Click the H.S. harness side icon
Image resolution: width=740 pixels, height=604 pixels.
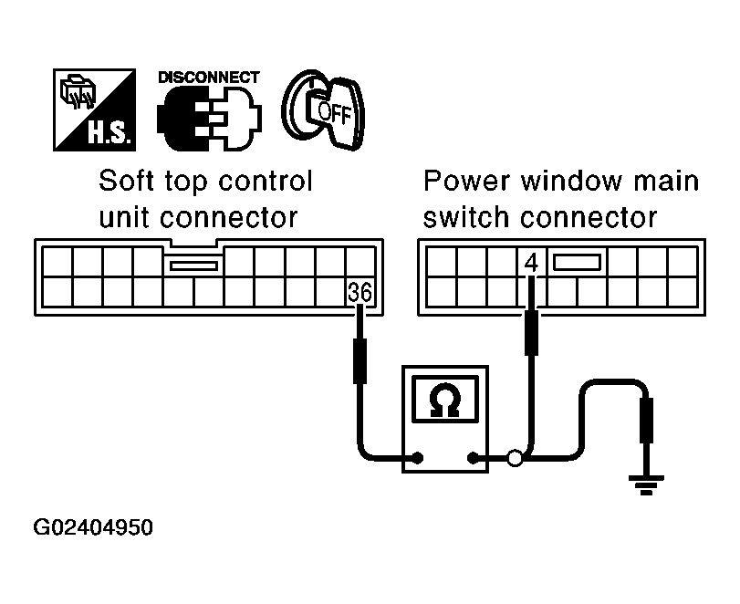click(94, 109)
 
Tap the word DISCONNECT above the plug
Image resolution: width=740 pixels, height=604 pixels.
click(209, 78)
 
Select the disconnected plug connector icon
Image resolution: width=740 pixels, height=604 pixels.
click(209, 119)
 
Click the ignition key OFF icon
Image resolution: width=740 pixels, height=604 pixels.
click(323, 109)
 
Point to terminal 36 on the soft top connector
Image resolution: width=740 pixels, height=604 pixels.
click(360, 293)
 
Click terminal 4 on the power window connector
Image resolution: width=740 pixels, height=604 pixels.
click(531, 263)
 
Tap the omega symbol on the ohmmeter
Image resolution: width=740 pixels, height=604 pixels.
click(445, 401)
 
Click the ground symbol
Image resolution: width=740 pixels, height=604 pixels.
click(646, 484)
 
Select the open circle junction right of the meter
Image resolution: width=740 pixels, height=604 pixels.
click(515, 458)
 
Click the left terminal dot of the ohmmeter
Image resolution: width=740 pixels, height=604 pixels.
click(418, 458)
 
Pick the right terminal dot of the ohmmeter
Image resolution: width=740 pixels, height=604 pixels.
click(473, 458)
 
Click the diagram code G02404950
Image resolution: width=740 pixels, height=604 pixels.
click(93, 527)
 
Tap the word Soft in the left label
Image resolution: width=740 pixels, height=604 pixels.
click(126, 181)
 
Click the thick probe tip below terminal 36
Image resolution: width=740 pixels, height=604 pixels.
click(360, 361)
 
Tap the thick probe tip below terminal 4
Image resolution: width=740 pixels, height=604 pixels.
click(531, 333)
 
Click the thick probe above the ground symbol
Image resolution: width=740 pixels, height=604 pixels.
click(646, 420)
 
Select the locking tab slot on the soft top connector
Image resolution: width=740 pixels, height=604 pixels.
click(193, 266)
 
